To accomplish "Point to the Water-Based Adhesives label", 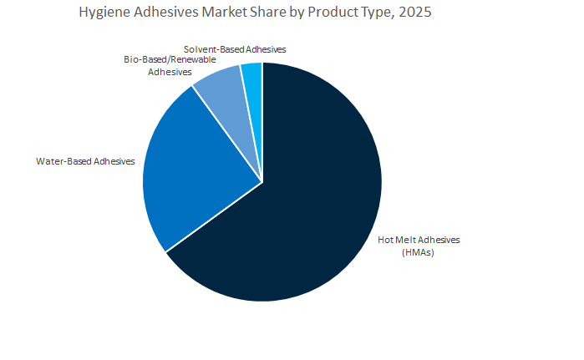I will click(84, 160).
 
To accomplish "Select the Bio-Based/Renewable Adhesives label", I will click(164, 66).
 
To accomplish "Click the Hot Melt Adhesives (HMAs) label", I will click(419, 246).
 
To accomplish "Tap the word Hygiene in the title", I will click(106, 13).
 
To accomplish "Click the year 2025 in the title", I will click(414, 13).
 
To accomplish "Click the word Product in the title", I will click(342, 13).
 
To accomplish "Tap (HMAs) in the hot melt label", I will click(419, 252).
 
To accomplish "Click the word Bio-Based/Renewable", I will click(164, 60).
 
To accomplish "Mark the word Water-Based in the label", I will click(63, 160).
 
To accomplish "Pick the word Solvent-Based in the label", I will click(211, 49).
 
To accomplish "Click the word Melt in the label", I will click(409, 240).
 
